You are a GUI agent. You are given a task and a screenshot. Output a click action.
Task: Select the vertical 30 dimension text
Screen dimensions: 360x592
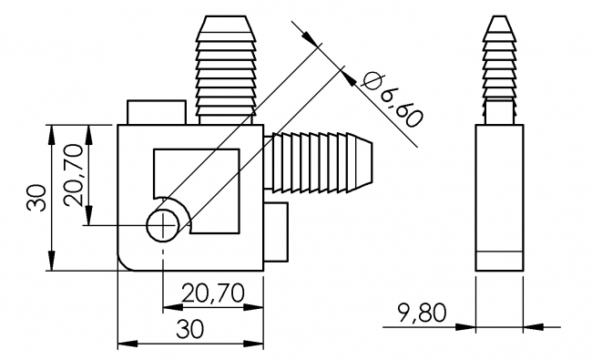(36, 197)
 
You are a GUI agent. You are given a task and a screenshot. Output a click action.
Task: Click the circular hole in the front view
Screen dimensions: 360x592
(164, 224)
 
